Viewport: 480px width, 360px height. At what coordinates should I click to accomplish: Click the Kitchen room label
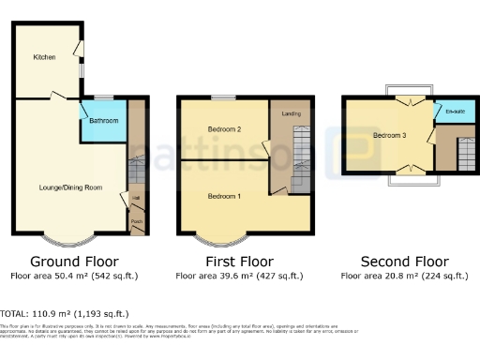pyautogui.click(x=44, y=57)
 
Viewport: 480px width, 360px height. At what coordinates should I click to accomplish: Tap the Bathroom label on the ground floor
pyautogui.click(x=103, y=121)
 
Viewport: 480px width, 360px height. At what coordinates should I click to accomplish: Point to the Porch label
pyautogui.click(x=137, y=223)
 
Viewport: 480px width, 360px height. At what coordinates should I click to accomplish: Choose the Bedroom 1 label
pyautogui.click(x=224, y=196)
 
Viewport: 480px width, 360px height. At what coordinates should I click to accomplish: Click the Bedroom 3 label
pyautogui.click(x=389, y=136)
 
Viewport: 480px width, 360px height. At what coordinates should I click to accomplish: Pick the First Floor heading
pyautogui.click(x=239, y=261)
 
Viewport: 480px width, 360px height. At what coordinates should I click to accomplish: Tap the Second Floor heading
pyautogui.click(x=403, y=261)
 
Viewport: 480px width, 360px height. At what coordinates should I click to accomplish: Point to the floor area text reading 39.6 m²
pyautogui.click(x=239, y=276)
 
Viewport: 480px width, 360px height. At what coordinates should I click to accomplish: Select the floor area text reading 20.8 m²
pyautogui.click(x=403, y=276)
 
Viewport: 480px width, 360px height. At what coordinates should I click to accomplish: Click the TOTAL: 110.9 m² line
pyautogui.click(x=66, y=313)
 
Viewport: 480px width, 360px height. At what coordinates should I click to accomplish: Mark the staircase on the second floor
pyautogui.click(x=465, y=154)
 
